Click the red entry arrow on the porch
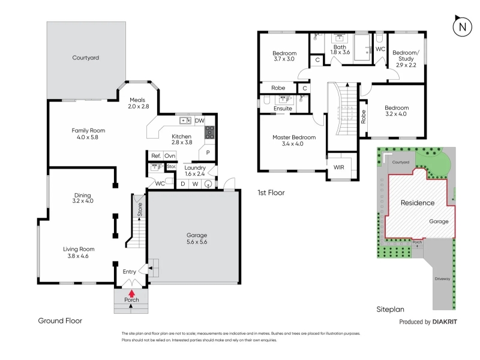coord(131,293)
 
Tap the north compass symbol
coord(462,26)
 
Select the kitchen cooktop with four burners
coord(209,133)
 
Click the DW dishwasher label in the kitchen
coord(200,121)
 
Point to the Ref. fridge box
coord(156,155)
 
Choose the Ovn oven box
coord(170,155)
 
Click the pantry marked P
coord(208,152)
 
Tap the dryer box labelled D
coord(183,184)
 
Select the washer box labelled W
coord(195,184)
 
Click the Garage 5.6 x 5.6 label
coord(197,238)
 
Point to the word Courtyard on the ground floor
coord(86,58)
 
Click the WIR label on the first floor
coord(338,167)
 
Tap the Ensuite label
coord(283,109)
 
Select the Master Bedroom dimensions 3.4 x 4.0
coord(293,143)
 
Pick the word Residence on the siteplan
coord(418,203)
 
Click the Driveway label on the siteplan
coord(442,278)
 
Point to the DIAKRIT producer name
coord(445,322)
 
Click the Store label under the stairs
coord(140,209)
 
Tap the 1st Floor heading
coord(271,193)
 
